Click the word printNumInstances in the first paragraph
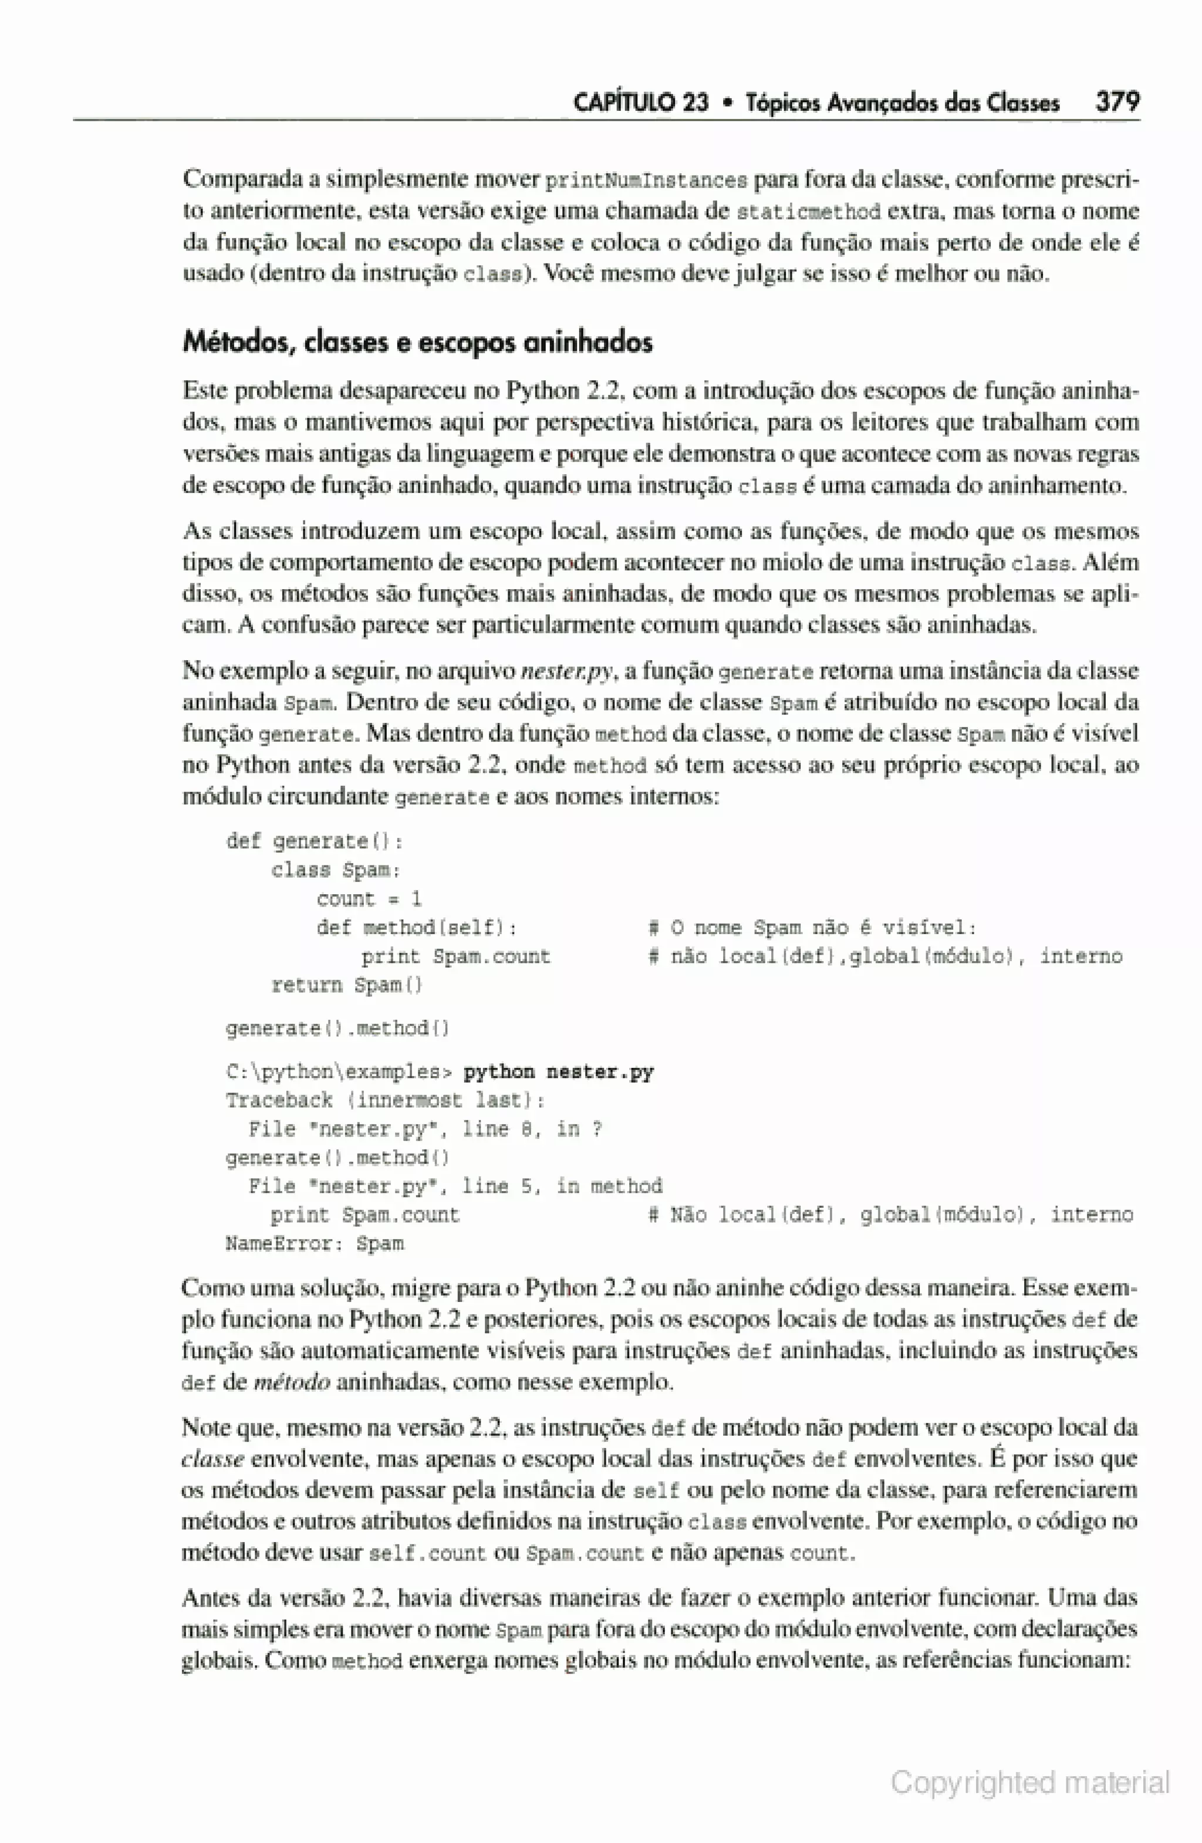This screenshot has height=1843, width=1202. (x=647, y=181)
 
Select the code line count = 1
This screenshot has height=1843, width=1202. (x=369, y=898)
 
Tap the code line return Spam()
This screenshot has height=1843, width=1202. (x=347, y=985)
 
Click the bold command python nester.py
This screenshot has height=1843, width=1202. (x=558, y=1072)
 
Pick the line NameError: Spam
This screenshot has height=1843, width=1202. (x=315, y=1244)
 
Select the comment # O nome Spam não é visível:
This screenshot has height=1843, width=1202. (x=812, y=928)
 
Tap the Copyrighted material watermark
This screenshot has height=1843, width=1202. (x=1029, y=1783)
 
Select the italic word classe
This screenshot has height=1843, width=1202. (x=213, y=1459)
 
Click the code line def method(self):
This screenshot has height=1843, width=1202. (x=417, y=928)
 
